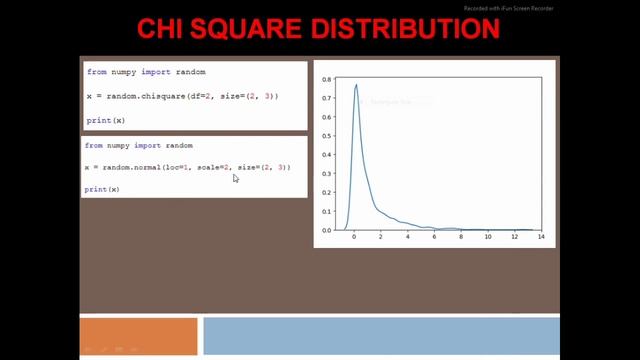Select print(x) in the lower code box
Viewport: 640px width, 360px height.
pyautogui.click(x=102, y=189)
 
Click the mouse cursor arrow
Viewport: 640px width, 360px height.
pyautogui.click(x=235, y=178)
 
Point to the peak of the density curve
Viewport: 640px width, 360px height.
pyautogui.click(x=356, y=85)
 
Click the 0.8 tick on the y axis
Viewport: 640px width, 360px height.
pyautogui.click(x=326, y=75)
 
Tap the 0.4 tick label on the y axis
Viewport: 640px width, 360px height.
pyautogui.click(x=326, y=152)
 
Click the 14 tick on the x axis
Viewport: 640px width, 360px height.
pyautogui.click(x=541, y=238)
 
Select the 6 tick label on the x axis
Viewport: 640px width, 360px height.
pyautogui.click(x=434, y=238)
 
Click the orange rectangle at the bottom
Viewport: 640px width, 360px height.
pyautogui.click(x=139, y=336)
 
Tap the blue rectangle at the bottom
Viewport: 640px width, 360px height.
pyautogui.click(x=380, y=336)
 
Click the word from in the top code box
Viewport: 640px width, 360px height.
pyautogui.click(x=96, y=72)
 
